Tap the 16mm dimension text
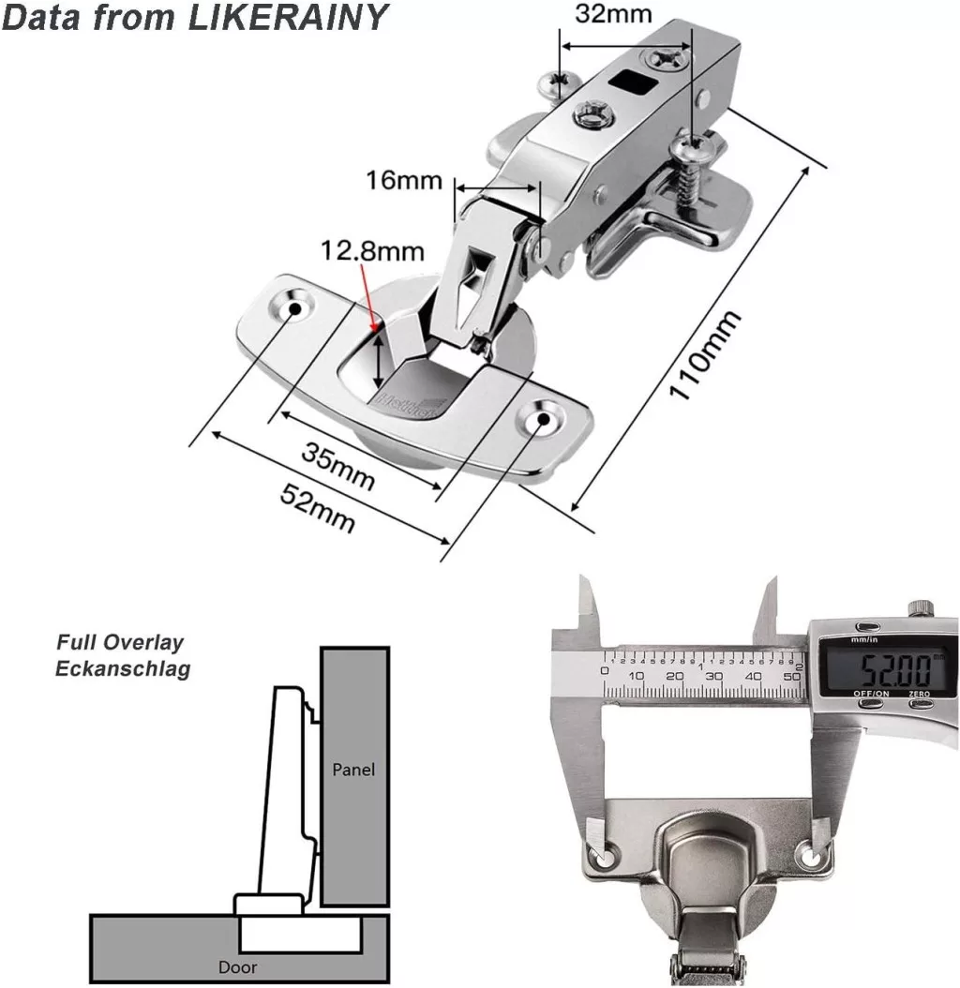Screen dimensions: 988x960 [x=403, y=179]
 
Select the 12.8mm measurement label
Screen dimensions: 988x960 [x=372, y=251]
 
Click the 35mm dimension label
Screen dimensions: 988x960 [x=338, y=464]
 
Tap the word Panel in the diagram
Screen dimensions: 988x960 [x=353, y=770]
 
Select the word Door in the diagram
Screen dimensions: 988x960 [x=236, y=966]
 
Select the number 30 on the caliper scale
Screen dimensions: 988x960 [x=715, y=676]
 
